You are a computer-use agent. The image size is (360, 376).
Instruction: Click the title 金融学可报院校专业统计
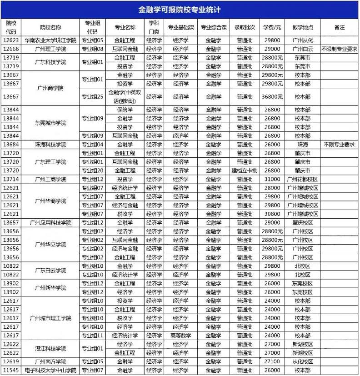tap(180, 10)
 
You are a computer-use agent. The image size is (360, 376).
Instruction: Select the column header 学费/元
tap(272, 27)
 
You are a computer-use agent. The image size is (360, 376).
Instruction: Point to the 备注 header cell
tap(339, 27)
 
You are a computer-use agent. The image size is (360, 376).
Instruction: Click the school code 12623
tap(11, 40)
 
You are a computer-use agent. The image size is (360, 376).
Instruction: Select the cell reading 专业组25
tap(92, 97)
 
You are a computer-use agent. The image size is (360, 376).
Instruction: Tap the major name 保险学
tap(125, 110)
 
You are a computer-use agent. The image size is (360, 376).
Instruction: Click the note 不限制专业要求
tap(339, 49)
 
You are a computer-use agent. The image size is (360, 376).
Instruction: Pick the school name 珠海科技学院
tap(50, 145)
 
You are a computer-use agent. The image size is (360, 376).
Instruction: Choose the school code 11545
tap(11, 371)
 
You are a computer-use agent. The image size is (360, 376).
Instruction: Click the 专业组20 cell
tap(92, 170)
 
